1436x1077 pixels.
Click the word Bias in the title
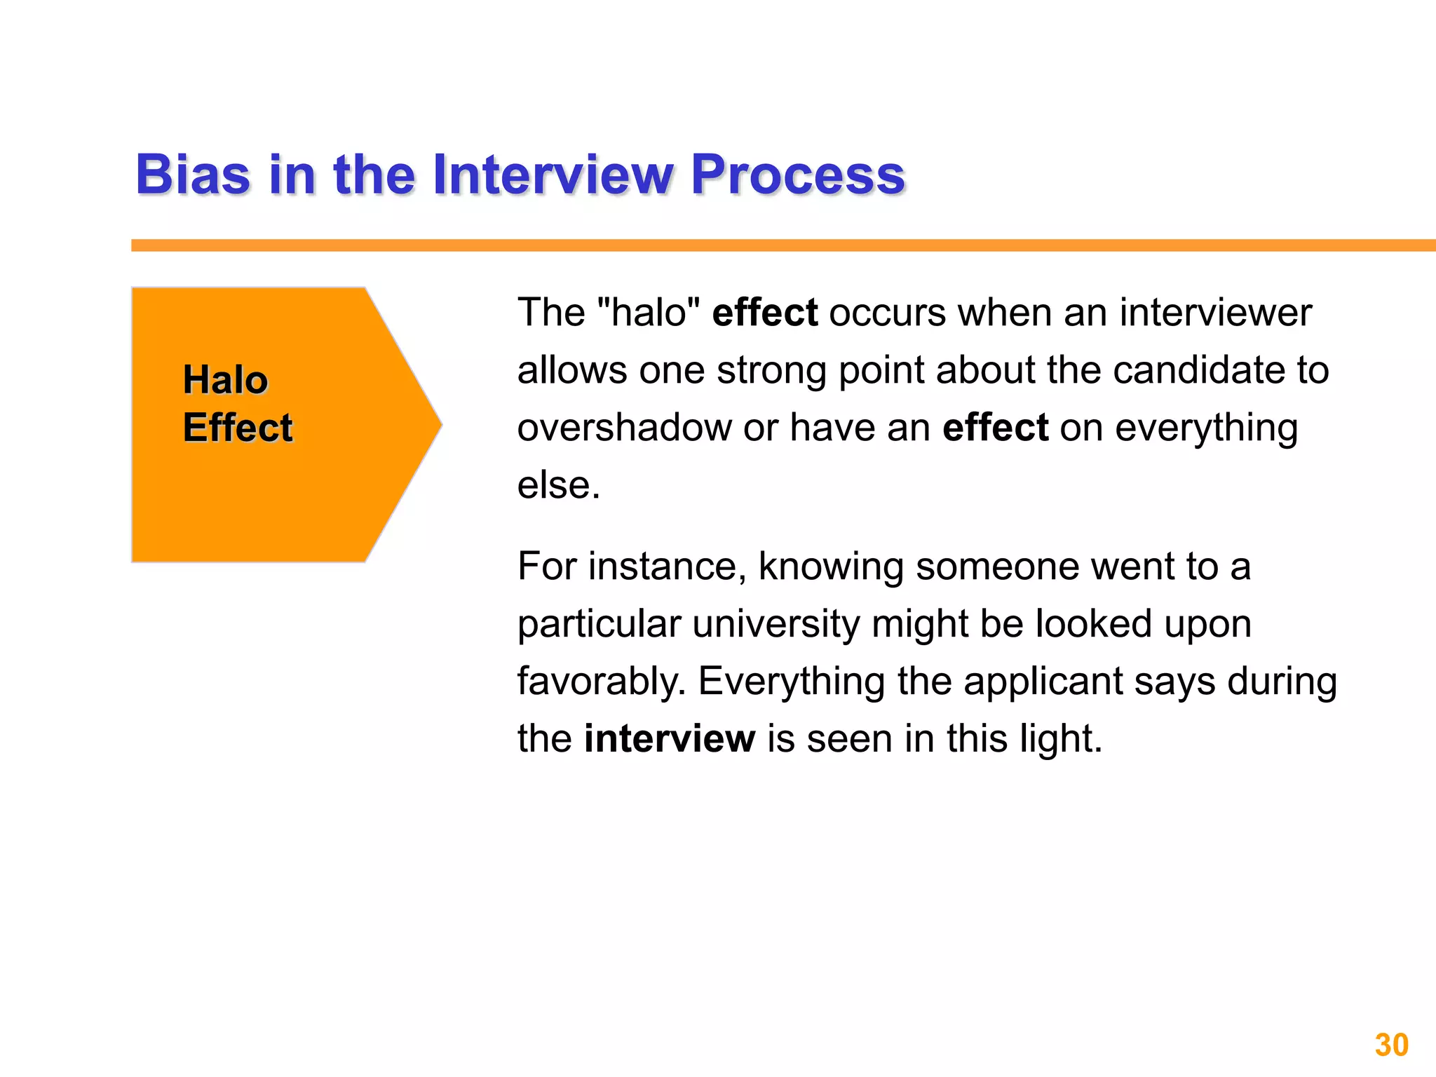(x=192, y=175)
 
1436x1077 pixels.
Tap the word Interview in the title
(x=553, y=175)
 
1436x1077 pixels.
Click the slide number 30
(x=1391, y=1045)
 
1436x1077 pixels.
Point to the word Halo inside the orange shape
(x=225, y=380)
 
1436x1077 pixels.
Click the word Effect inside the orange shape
(x=237, y=428)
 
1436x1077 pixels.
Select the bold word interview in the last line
(x=669, y=738)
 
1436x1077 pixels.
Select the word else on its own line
(x=557, y=485)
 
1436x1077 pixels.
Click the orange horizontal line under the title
(x=771, y=245)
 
